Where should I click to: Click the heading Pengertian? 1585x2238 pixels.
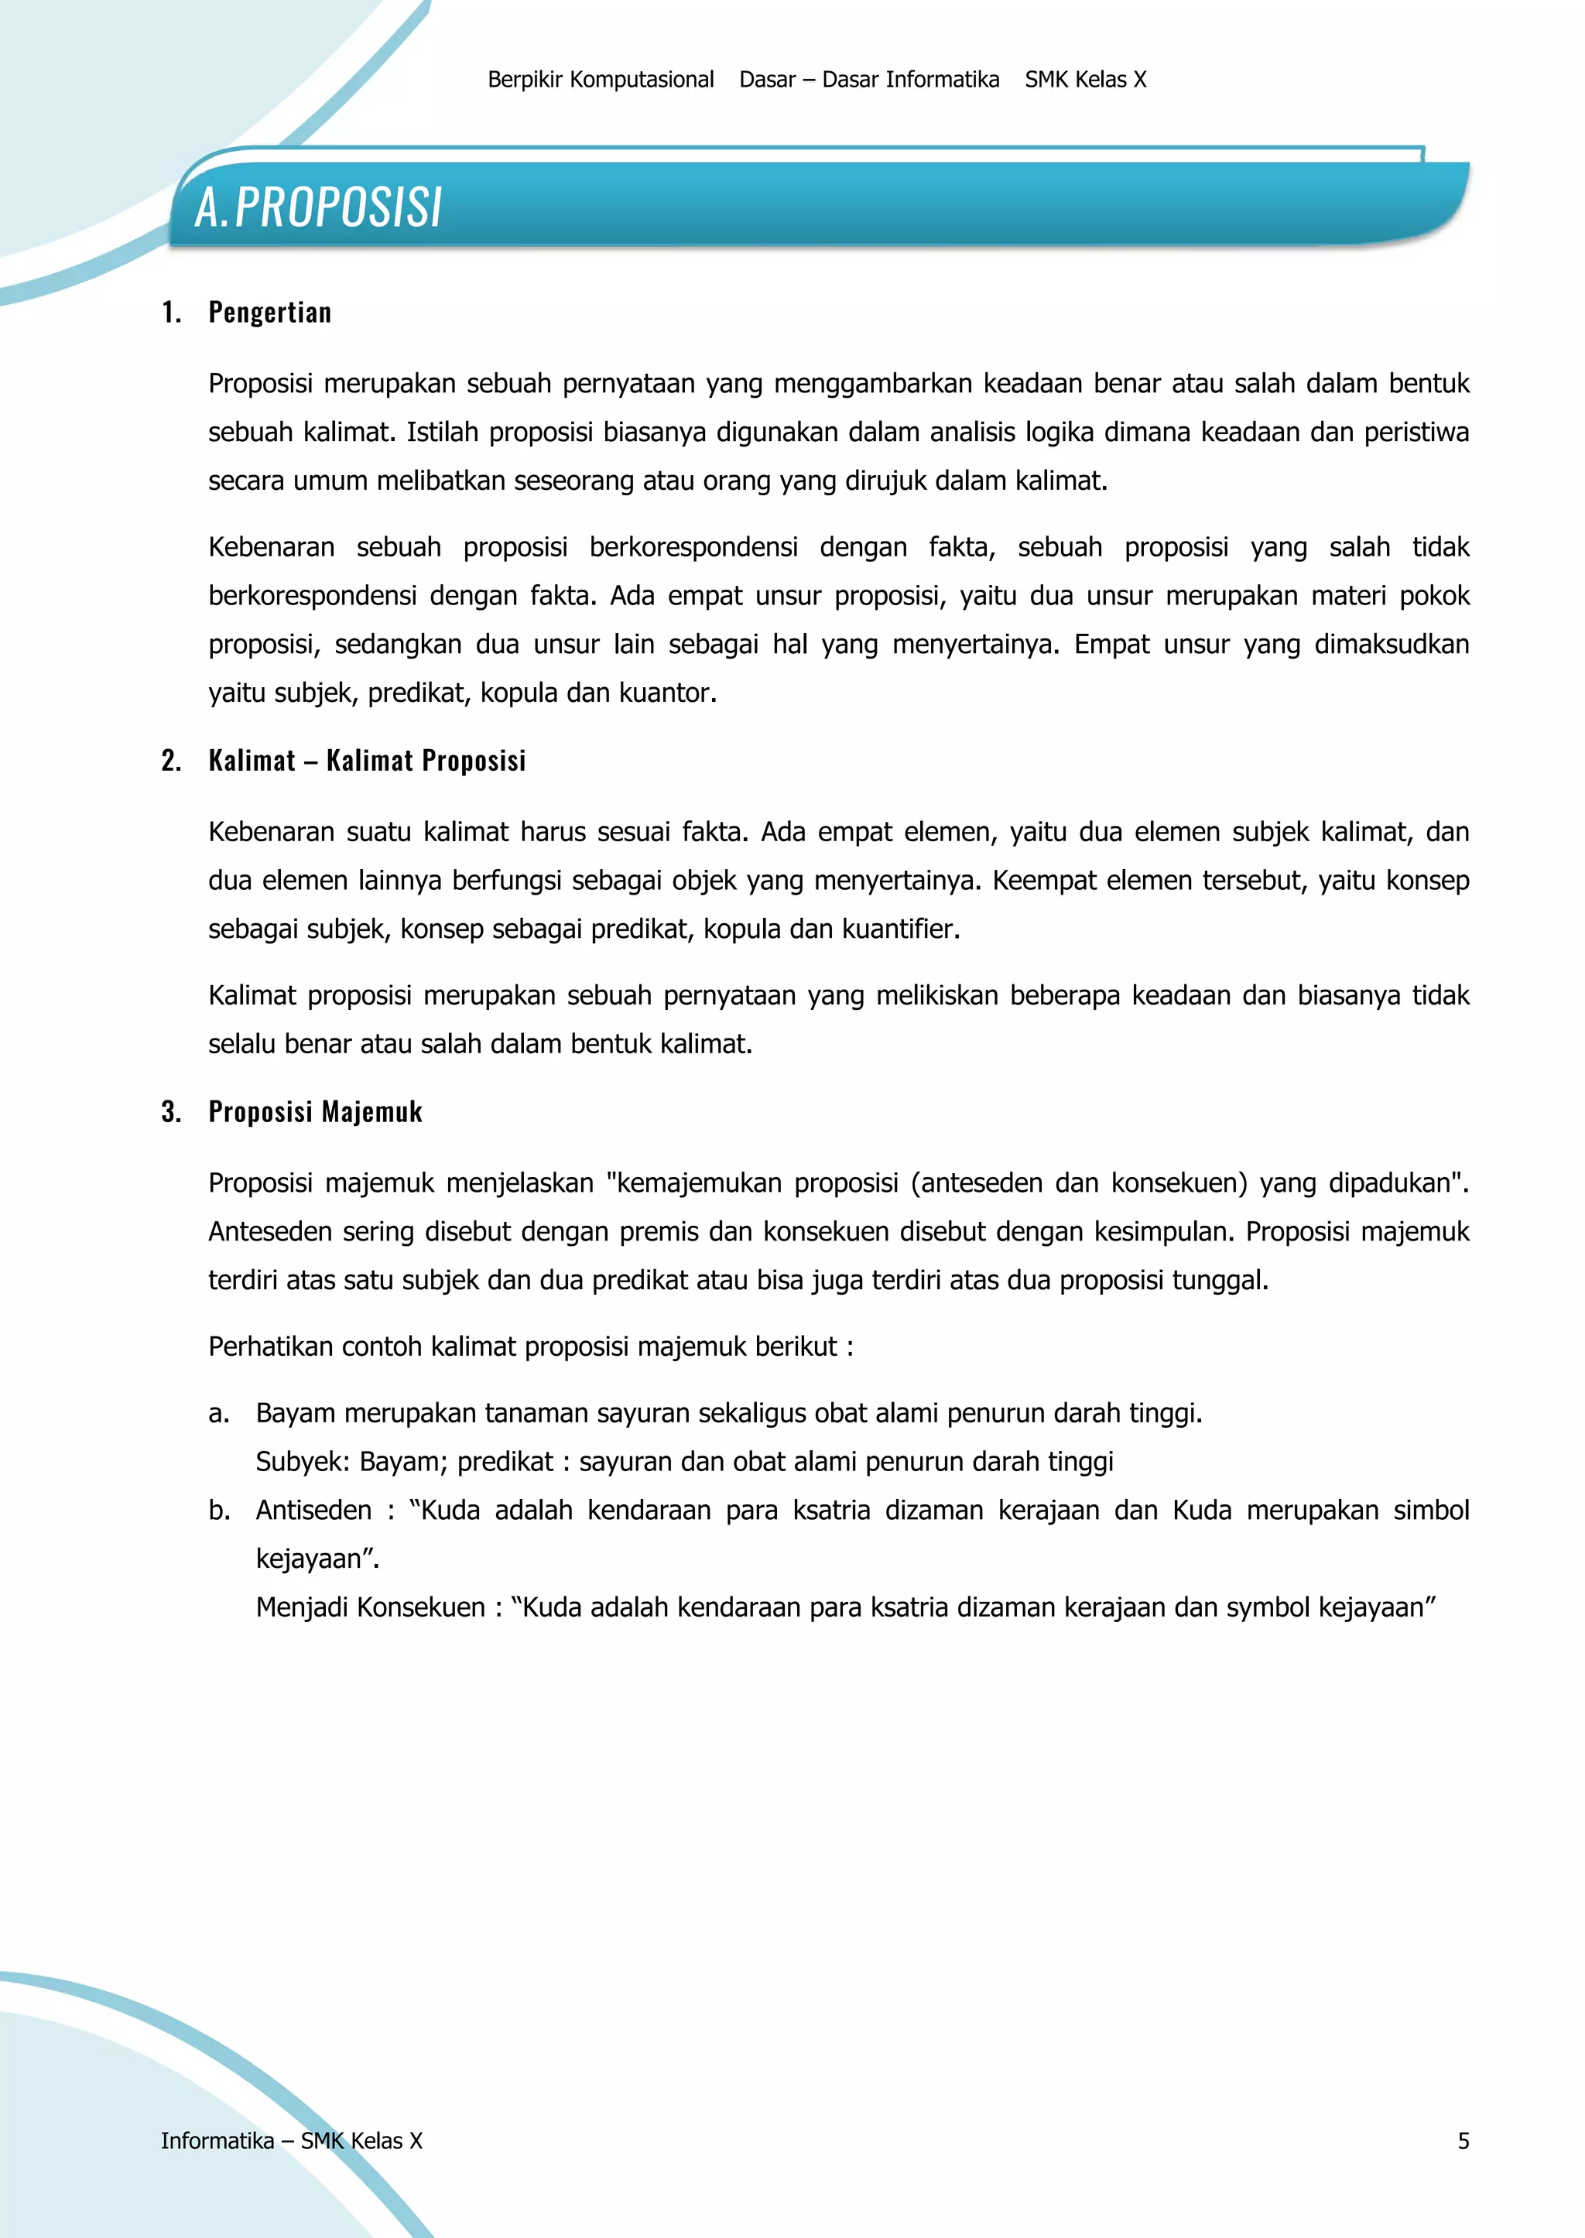point(269,313)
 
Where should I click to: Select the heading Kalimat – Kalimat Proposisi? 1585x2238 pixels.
point(367,760)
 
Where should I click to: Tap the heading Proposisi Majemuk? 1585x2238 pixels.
point(315,1112)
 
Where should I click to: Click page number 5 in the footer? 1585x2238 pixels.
point(1462,2140)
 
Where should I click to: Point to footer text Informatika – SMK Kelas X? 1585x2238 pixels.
point(291,2140)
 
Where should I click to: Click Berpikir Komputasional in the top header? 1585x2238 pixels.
point(601,80)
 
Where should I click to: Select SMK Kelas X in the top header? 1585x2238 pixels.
point(1084,80)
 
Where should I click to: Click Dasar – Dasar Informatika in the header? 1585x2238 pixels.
point(868,80)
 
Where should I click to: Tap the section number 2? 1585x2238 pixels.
point(171,760)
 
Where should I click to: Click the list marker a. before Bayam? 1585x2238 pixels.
point(218,1413)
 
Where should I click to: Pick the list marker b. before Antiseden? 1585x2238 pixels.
point(218,1511)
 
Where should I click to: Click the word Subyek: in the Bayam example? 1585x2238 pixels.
point(302,1462)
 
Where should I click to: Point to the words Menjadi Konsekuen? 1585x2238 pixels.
point(370,1607)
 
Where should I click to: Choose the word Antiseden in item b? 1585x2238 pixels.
point(313,1511)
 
